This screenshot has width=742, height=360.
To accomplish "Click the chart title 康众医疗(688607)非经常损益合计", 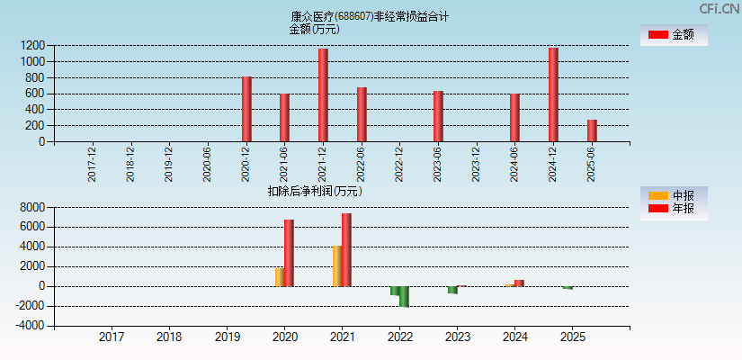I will click(370, 16).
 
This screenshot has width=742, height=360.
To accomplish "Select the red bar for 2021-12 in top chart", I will click(323, 94).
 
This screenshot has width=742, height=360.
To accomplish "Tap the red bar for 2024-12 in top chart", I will click(553, 94).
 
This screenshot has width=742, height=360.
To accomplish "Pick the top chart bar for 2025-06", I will click(592, 130).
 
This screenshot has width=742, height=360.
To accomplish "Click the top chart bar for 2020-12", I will click(246, 109).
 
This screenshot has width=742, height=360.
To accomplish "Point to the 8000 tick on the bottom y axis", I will click(32, 207).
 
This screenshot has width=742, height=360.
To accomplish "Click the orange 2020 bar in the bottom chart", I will click(280, 276).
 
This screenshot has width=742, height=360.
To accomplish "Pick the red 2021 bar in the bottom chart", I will click(346, 250).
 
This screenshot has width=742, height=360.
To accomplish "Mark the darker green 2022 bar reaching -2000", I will click(404, 297).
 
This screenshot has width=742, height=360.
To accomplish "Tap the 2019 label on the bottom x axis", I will click(227, 337).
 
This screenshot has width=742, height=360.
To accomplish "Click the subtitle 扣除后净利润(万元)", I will click(315, 191).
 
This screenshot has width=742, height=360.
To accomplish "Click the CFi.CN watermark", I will click(720, 9).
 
